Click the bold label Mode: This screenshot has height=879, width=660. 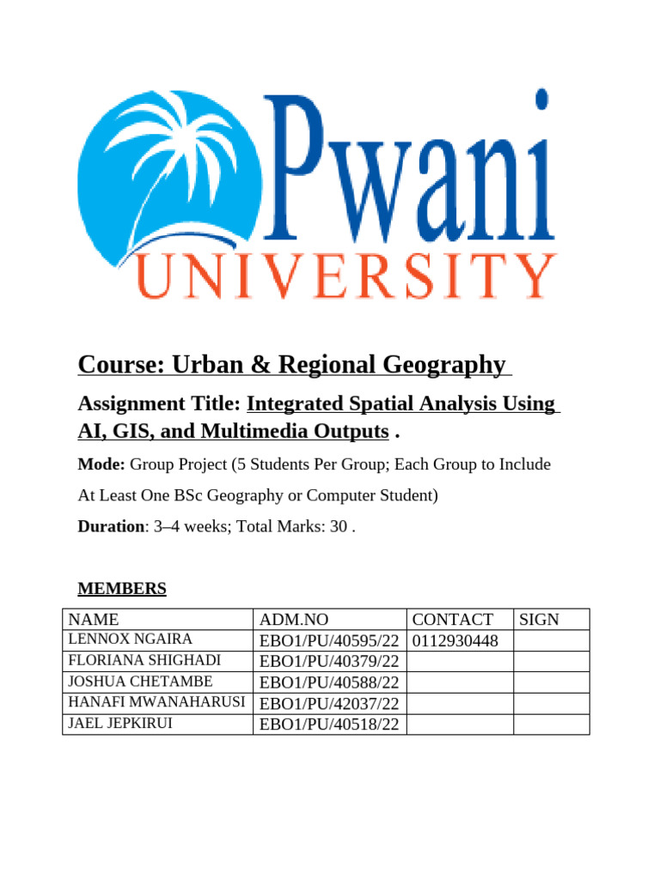pyautogui.click(x=101, y=464)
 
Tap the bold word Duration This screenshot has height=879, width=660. pyautogui.click(x=108, y=526)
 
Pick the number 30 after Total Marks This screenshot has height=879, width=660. pyautogui.click(x=339, y=526)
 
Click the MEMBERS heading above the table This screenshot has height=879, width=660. pyautogui.click(x=121, y=589)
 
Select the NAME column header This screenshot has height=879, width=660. pyautogui.click(x=94, y=620)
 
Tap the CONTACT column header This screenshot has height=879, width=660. pyautogui.click(x=452, y=620)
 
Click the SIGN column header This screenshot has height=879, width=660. pyautogui.click(x=540, y=620)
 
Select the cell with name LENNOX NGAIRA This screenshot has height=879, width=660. pyautogui.click(x=131, y=640)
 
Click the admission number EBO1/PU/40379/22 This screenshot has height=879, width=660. pyautogui.click(x=329, y=662)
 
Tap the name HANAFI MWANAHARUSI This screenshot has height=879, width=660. pyautogui.click(x=156, y=703)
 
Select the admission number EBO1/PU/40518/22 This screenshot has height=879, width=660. pyautogui.click(x=329, y=724)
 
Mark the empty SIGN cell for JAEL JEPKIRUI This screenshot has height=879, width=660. pyautogui.click(x=551, y=724)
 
